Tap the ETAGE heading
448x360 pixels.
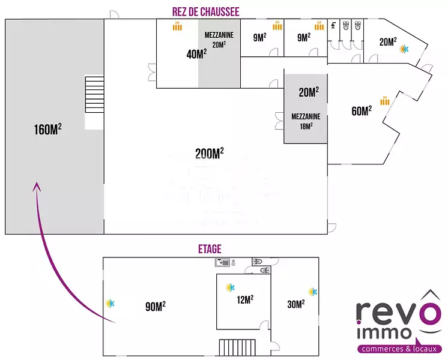pyautogui.click(x=210, y=248)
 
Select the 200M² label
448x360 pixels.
pyautogui.click(x=210, y=154)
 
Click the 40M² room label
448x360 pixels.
pyautogui.click(x=196, y=54)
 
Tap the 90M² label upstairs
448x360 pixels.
pyautogui.click(x=155, y=306)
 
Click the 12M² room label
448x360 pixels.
pyautogui.click(x=244, y=299)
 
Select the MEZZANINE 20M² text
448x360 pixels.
pyautogui.click(x=219, y=39)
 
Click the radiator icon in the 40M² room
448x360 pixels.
pyautogui.click(x=177, y=26)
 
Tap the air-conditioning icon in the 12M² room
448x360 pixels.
pyautogui.click(x=229, y=288)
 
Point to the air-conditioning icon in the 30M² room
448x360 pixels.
pyautogui.click(x=312, y=292)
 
